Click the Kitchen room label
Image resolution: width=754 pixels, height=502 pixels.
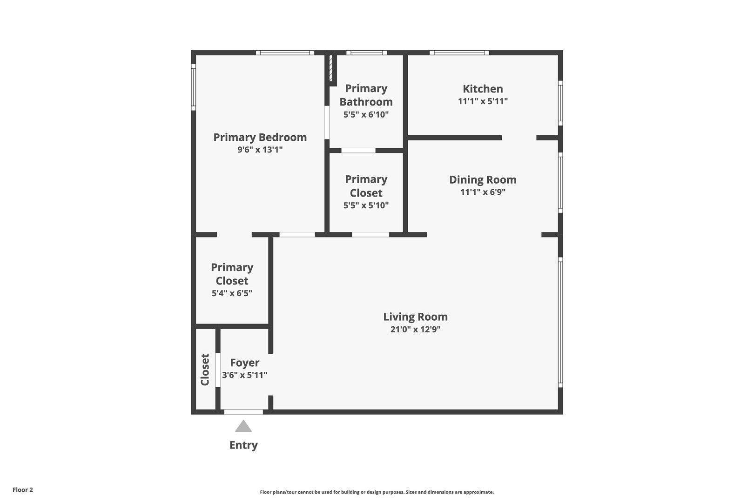tap(483, 89)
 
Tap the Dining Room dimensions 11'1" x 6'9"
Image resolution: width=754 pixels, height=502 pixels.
tap(483, 192)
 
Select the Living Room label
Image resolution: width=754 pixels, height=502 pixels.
tap(415, 317)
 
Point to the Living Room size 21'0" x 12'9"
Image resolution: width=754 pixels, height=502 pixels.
tap(415, 329)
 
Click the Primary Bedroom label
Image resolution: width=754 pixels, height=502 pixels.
tap(260, 137)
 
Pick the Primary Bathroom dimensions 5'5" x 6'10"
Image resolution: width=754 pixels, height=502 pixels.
tap(366, 115)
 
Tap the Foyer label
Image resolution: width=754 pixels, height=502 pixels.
tap(245, 363)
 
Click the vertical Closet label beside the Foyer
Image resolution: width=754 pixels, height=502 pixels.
tap(205, 370)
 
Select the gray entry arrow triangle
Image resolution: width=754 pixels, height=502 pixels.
tap(243, 426)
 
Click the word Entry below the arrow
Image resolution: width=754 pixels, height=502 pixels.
tap(243, 445)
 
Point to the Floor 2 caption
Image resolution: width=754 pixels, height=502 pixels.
tap(23, 489)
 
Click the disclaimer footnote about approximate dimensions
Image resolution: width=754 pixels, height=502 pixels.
tap(377, 492)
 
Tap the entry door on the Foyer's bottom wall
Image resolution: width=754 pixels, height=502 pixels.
tap(243, 412)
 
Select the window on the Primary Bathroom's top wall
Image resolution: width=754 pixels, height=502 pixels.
tap(367, 53)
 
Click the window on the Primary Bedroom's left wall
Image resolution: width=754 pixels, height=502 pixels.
tap(193, 87)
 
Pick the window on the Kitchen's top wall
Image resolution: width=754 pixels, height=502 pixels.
tap(459, 53)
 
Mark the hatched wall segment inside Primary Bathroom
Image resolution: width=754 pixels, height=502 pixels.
tap(330, 68)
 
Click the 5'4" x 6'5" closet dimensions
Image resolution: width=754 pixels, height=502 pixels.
tap(232, 293)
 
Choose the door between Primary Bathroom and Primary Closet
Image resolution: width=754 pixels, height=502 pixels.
tap(358, 150)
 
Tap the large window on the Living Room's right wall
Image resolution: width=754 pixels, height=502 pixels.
tap(560, 323)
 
